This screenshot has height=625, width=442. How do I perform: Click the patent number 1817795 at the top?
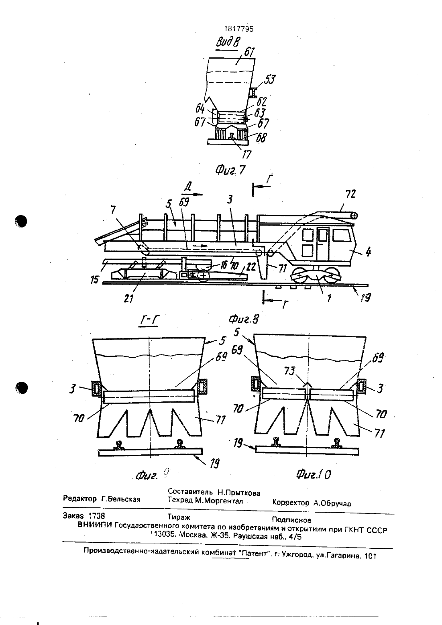[x=239, y=29]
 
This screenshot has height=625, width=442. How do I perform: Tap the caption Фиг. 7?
[x=230, y=170]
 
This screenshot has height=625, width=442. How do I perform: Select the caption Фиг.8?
[x=244, y=319]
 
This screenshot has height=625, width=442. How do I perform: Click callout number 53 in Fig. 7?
[x=269, y=79]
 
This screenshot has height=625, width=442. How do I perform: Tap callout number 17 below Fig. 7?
[x=246, y=154]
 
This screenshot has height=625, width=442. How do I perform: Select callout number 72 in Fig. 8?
[x=350, y=194]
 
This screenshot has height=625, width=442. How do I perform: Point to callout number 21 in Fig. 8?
[x=128, y=299]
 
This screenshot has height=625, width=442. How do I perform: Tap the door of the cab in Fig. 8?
[x=323, y=243]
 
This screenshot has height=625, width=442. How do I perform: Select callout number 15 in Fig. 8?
[x=95, y=279]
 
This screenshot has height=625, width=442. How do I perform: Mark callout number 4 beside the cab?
[x=369, y=252]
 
